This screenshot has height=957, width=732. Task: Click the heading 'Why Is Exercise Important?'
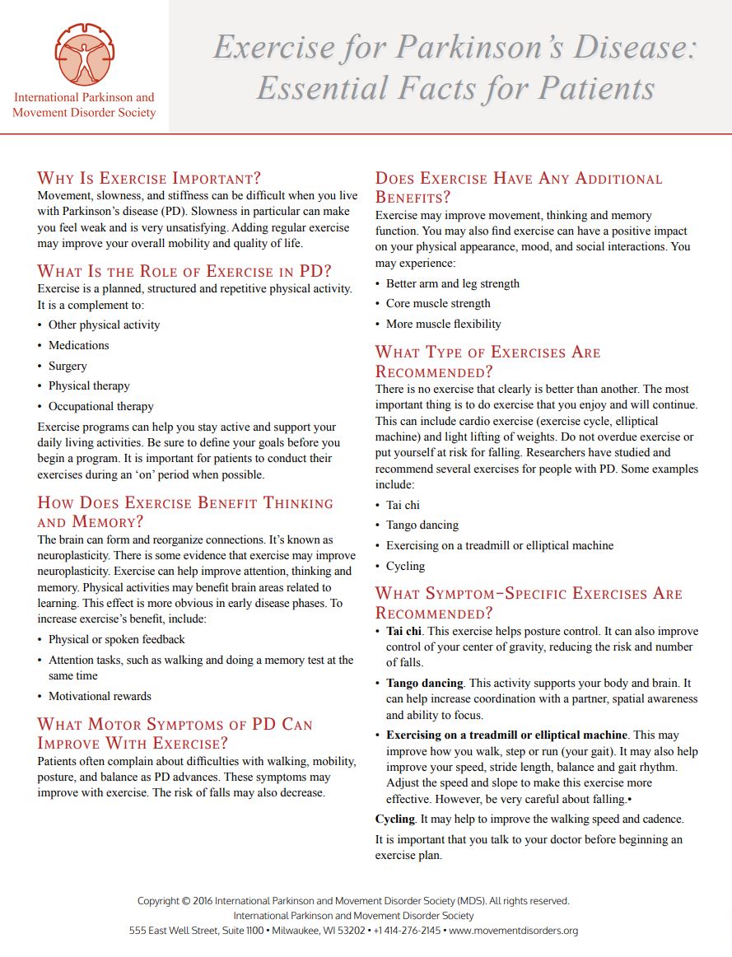[149, 178]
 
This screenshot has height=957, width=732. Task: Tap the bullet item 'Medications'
[78, 345]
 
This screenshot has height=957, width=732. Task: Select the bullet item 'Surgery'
[68, 366]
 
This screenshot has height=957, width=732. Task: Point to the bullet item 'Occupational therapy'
[100, 406]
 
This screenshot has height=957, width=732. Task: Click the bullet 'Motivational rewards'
[100, 696]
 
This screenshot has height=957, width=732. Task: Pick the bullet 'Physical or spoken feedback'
[116, 639]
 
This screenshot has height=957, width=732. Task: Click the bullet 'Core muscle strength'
[437, 303]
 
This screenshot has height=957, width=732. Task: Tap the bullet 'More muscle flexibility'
[443, 324]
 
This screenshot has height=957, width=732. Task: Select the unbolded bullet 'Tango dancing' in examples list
[422, 525]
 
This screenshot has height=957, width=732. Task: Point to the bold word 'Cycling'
[394, 819]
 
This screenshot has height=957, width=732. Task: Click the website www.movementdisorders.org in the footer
[513, 931]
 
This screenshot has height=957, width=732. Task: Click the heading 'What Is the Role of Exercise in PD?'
[184, 271]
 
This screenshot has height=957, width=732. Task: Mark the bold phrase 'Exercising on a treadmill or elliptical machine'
[507, 735]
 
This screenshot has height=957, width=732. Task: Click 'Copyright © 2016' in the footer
[175, 901]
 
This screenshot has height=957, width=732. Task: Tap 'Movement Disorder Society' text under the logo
[84, 113]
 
